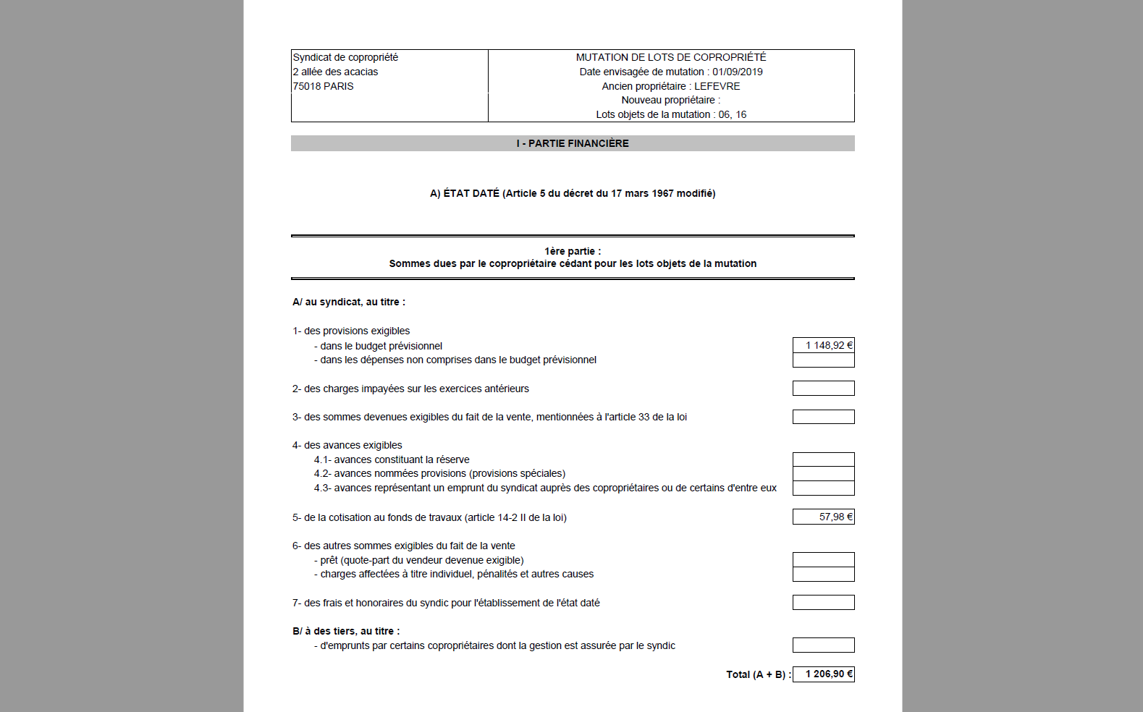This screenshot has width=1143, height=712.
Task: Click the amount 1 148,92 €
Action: (x=829, y=346)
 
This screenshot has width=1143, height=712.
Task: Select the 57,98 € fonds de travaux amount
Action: (x=835, y=517)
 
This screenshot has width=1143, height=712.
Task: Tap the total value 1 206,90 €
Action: (x=829, y=674)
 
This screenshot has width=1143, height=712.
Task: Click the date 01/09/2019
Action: (x=737, y=72)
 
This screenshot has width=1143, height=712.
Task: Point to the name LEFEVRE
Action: (x=717, y=86)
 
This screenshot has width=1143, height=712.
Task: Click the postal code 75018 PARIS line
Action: (x=323, y=86)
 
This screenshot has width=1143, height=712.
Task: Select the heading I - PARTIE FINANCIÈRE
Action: (x=573, y=143)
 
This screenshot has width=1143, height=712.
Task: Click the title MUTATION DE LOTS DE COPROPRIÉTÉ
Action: (x=670, y=57)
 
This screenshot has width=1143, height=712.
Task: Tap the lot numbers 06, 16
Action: (x=732, y=114)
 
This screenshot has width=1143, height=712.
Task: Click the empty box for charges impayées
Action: (x=823, y=389)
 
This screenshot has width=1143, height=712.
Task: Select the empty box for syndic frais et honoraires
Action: (x=823, y=603)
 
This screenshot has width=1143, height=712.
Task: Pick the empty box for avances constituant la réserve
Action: (x=823, y=459)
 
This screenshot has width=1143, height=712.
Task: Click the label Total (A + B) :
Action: (x=758, y=674)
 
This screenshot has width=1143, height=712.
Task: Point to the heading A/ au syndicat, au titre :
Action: (x=349, y=302)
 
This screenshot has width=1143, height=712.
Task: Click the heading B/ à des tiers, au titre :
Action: (x=346, y=631)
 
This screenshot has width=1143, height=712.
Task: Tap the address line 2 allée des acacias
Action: (x=335, y=72)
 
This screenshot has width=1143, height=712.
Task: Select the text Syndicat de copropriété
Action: (x=345, y=57)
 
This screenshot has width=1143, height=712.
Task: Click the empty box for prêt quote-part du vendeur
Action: (x=823, y=560)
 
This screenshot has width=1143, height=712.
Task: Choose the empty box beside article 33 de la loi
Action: (x=823, y=417)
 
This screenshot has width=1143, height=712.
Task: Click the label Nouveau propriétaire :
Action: (x=670, y=100)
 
